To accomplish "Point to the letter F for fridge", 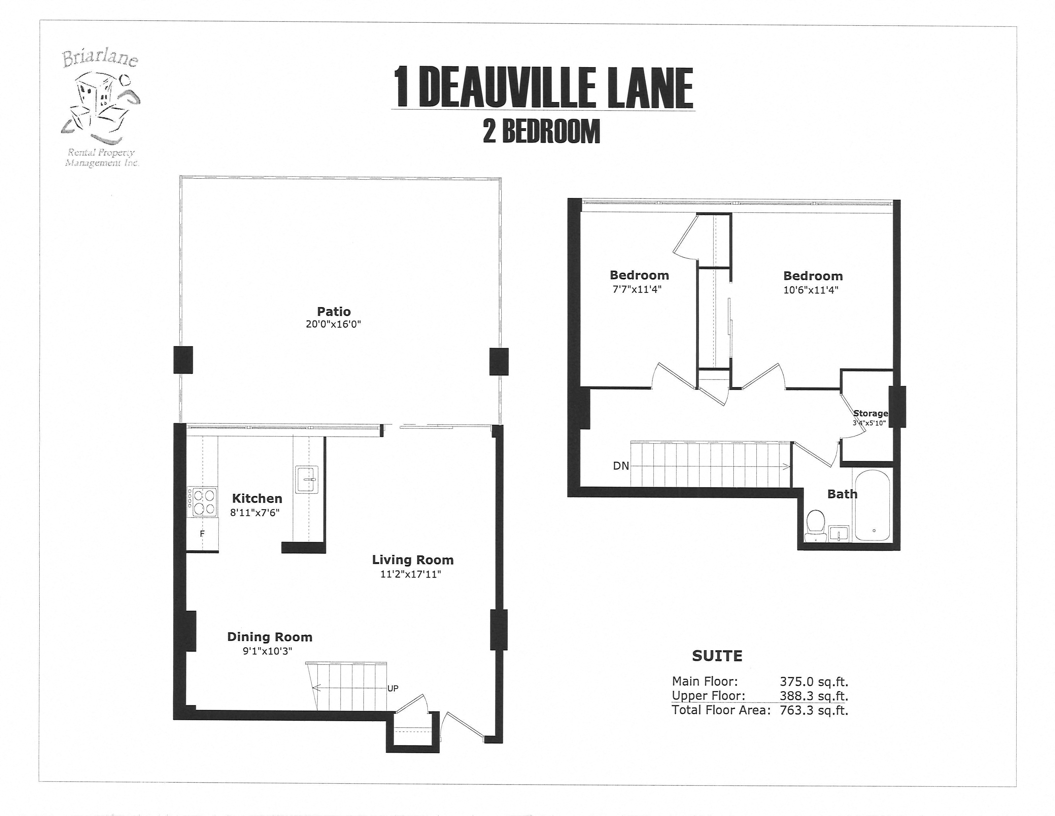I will pyautogui.click(x=202, y=534).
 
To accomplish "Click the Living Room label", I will pyautogui.click(x=412, y=560).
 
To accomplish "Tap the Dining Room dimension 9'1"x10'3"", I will pyautogui.click(x=267, y=651).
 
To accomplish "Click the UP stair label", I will pyautogui.click(x=393, y=688).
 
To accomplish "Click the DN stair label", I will pyautogui.click(x=621, y=466).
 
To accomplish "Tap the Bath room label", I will pyautogui.click(x=842, y=494).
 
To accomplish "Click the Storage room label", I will pyautogui.click(x=871, y=413).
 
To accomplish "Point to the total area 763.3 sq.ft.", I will pyautogui.click(x=814, y=710).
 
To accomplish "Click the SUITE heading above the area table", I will pyautogui.click(x=717, y=656).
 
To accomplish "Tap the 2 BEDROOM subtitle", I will pyautogui.click(x=542, y=132).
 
